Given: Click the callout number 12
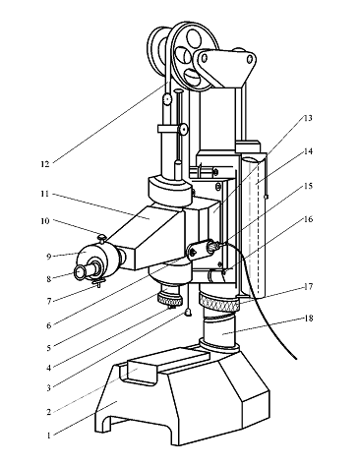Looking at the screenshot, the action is tap(45, 164).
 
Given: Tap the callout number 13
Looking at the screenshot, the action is tap(307, 118).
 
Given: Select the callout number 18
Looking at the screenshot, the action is tap(308, 319).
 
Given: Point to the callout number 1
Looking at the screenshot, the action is tap(48, 436).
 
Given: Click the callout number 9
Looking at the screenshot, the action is tap(49, 257).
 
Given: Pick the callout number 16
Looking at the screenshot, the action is tap(307, 218).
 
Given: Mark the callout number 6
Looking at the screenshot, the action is tap(49, 325).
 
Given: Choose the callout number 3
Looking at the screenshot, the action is tap(48, 388).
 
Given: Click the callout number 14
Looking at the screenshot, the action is tap(308, 151).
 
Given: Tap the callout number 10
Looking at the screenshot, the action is tap(45, 221).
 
